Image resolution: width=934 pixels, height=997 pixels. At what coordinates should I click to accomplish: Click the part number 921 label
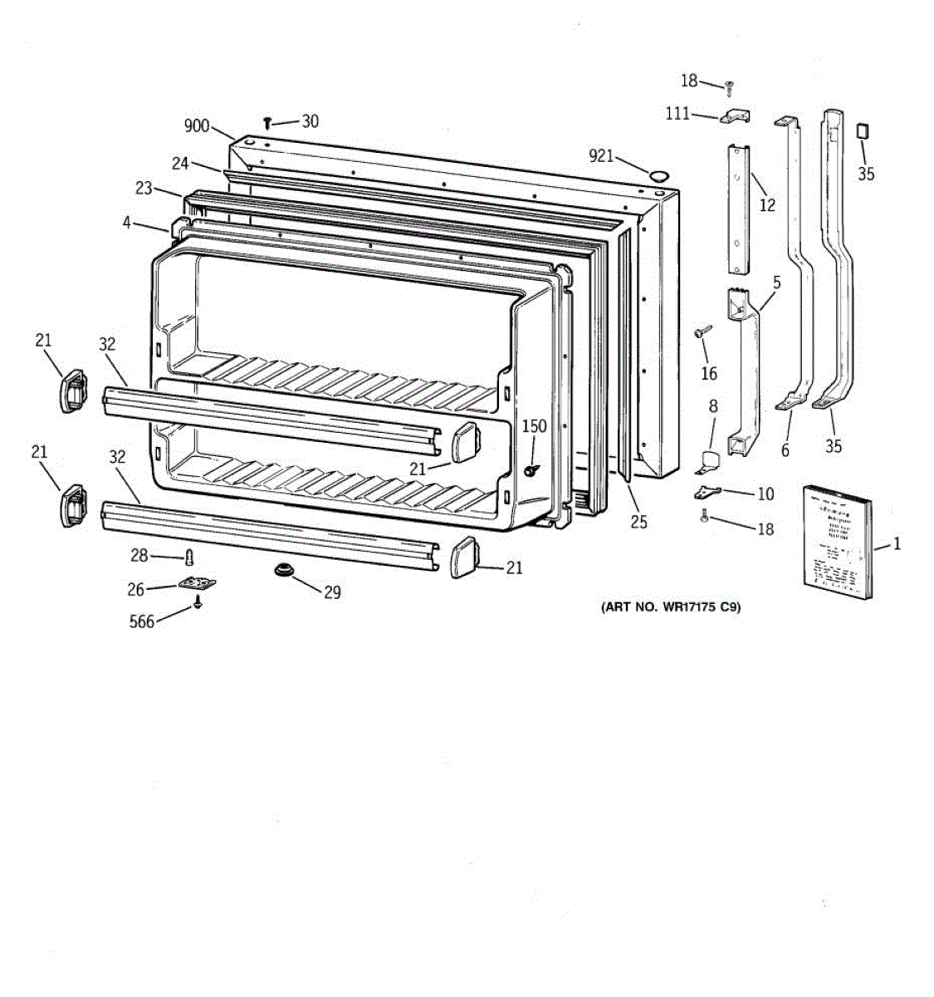[601, 155]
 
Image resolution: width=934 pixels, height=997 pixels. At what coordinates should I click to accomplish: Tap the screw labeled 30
[267, 123]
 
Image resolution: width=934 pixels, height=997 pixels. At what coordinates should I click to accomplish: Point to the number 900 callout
[197, 126]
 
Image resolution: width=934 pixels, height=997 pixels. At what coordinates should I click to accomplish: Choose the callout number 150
[535, 426]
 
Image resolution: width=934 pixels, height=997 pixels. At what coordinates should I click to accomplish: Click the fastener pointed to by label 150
[529, 471]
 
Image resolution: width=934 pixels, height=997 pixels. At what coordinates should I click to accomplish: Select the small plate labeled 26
[197, 584]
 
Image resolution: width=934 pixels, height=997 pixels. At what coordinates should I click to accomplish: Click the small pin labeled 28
[188, 555]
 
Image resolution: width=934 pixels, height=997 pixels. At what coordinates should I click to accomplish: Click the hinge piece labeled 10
[707, 492]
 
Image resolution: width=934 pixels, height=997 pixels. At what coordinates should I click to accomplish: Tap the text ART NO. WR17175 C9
[670, 607]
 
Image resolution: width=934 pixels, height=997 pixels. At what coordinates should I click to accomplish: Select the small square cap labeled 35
[863, 133]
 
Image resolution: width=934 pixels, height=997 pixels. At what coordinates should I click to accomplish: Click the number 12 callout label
[767, 204]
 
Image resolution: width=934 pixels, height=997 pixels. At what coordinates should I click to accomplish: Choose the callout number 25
[638, 522]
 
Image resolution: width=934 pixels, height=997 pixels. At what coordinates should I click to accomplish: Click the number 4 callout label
[126, 223]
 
